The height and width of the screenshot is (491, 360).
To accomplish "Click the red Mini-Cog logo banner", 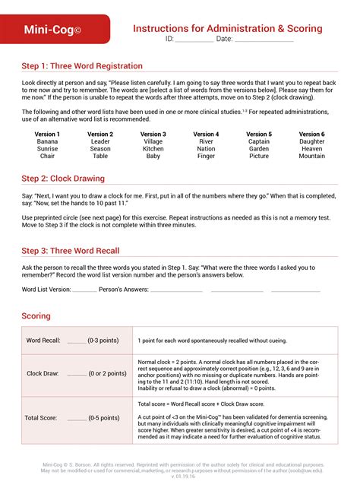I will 53,30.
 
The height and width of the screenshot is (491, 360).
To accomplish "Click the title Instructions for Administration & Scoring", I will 227,28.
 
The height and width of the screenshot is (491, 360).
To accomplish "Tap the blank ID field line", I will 194,39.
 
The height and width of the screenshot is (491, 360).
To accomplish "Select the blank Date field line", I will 264,39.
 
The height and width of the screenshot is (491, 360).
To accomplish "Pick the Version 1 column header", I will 47,135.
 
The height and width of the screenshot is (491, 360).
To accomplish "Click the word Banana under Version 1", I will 47,141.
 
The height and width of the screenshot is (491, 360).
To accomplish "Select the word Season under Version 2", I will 100,149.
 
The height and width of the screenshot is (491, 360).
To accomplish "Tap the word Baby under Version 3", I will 153,157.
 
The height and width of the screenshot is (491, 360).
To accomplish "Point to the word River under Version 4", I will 206,141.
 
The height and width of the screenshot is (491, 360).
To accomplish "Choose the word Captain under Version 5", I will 259,141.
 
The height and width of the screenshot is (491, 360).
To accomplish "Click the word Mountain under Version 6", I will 311,157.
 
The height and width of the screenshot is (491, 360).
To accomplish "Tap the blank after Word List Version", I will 85,290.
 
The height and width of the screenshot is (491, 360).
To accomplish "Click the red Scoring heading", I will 36,316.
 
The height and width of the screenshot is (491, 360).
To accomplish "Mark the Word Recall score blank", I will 77,341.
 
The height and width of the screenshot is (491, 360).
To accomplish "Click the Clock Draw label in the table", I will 44,374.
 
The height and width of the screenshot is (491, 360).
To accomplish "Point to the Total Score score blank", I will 77,419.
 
